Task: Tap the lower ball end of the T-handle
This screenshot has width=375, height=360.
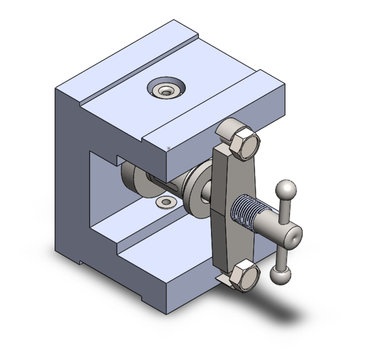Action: pos(278,274)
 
